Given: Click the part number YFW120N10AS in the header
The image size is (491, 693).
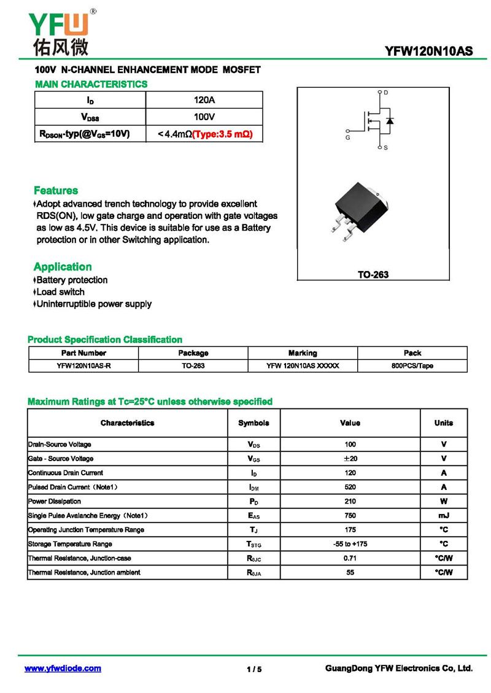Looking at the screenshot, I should [429, 52].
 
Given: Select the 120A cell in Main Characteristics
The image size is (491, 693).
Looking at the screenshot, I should [204, 100].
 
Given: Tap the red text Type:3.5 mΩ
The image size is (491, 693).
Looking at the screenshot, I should [223, 134].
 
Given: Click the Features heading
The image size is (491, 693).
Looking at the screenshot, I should [56, 191].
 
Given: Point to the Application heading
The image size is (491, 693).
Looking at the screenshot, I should [63, 267].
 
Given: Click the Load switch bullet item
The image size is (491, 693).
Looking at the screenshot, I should [60, 292].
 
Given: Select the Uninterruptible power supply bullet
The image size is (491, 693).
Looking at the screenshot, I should [94, 304].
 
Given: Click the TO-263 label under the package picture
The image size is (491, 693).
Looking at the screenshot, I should [373, 275].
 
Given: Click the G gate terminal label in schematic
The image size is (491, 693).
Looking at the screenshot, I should [347, 138].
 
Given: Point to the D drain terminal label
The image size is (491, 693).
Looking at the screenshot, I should [386, 93].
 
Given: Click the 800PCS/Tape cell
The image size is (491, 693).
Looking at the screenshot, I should [412, 366].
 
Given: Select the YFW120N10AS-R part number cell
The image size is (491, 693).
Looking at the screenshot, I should [83, 366].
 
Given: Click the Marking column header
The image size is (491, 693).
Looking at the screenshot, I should [303, 353].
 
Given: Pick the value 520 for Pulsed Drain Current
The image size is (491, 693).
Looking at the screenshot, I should [350, 487].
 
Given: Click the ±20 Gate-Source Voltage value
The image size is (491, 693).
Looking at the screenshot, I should [350, 459].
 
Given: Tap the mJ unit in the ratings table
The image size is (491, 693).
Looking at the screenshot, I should [443, 516].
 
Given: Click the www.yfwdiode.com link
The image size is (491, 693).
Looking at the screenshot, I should [63, 668].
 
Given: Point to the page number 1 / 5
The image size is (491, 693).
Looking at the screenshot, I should [254, 669].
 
